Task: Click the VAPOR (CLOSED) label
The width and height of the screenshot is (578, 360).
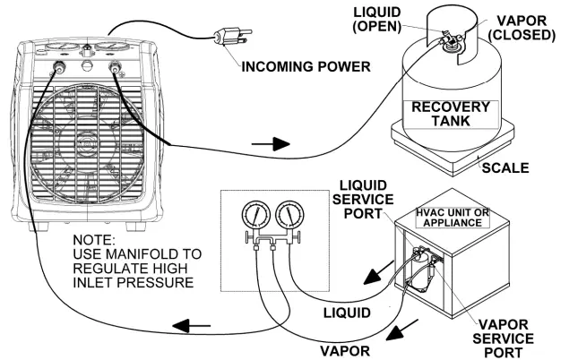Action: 522,28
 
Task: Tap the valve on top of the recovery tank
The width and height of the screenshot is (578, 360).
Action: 449,39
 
